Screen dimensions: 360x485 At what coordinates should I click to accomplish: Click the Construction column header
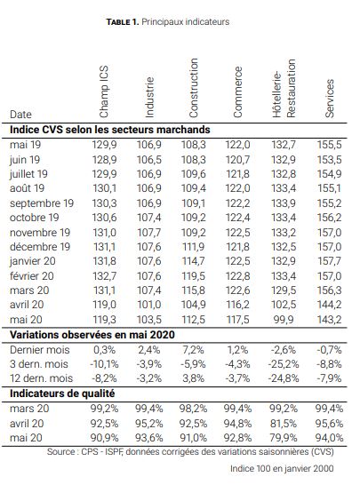[x=194, y=88]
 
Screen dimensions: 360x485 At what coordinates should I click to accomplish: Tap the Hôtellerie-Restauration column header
[x=284, y=89]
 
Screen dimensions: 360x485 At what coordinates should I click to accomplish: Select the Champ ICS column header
[x=104, y=91]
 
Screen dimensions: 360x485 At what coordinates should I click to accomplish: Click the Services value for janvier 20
[x=329, y=261]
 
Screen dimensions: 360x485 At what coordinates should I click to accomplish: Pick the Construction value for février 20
[x=193, y=276]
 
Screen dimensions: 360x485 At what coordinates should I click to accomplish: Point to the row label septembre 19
[x=42, y=203]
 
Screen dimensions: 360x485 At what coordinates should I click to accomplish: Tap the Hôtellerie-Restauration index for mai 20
[x=284, y=320]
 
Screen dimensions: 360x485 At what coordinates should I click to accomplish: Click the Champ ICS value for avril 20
[x=104, y=305]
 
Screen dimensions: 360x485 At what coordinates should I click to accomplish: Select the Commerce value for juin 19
[x=237, y=160]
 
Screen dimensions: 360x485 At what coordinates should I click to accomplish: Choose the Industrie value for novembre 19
[x=149, y=233]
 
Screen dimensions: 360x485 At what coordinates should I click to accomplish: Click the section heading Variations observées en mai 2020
[x=92, y=335]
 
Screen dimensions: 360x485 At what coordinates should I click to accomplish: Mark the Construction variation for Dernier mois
[x=194, y=350]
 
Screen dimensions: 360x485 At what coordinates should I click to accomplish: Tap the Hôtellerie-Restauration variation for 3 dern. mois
[x=284, y=364]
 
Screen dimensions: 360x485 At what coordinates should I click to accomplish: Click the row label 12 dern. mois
[x=41, y=378]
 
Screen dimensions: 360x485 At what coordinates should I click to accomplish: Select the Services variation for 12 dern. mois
[x=329, y=378]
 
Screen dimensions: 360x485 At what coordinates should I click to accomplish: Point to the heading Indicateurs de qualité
[x=62, y=394]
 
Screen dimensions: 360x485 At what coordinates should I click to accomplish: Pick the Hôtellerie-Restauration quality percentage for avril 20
[x=284, y=424]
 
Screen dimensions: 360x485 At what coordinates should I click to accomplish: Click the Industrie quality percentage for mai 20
[x=149, y=438]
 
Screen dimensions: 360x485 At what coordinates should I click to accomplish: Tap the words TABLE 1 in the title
[x=122, y=22]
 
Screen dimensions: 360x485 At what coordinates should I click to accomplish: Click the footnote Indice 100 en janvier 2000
[x=282, y=468]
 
